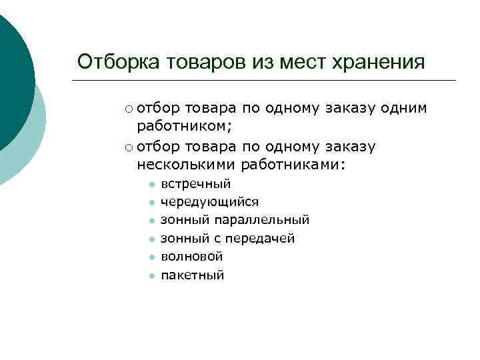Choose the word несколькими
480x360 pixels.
tap(186, 163)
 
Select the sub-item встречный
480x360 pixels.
tap(195, 183)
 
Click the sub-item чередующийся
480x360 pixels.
tap(209, 201)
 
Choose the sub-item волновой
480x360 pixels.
tap(192, 257)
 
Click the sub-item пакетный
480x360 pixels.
tap(192, 275)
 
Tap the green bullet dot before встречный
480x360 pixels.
tap(152, 185)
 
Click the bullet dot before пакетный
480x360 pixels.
tap(152, 276)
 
